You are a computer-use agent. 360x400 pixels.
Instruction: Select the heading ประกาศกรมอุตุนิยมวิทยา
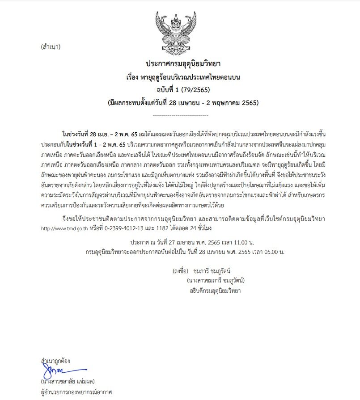(x=180, y=65)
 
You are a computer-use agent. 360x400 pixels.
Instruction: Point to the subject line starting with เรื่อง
(x=180, y=77)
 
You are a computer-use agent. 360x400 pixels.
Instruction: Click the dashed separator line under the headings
(x=180, y=115)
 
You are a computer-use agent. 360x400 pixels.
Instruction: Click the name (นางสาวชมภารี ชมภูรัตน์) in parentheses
(x=216, y=281)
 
